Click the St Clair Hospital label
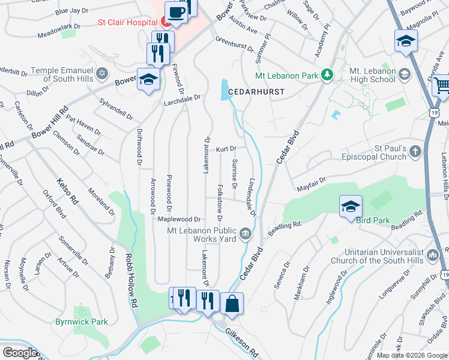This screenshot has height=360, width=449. click(128, 23)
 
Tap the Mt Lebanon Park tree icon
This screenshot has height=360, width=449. click(327, 75)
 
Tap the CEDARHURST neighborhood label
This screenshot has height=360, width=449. click(261, 92)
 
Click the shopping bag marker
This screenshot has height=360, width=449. click(232, 304)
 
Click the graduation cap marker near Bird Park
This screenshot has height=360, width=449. click(351, 207)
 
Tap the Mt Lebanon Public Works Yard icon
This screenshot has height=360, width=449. click(246, 234)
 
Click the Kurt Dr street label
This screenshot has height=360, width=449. click(226, 148)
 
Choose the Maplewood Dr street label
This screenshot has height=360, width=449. click(178, 220)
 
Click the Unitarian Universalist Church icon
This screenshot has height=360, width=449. click(433, 256)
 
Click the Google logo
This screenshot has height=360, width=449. click(20, 353)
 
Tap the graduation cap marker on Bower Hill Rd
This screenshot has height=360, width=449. click(148, 79)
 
